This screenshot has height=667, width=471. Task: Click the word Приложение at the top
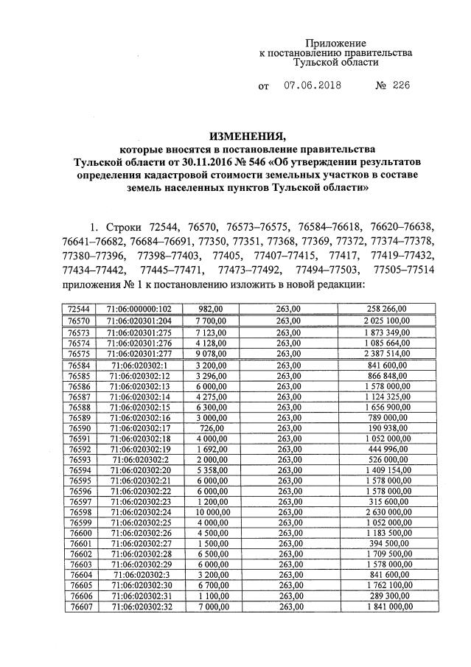coord(335,43)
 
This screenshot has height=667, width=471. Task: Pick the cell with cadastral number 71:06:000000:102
coord(139,309)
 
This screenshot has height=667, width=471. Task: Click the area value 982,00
coord(209,309)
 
